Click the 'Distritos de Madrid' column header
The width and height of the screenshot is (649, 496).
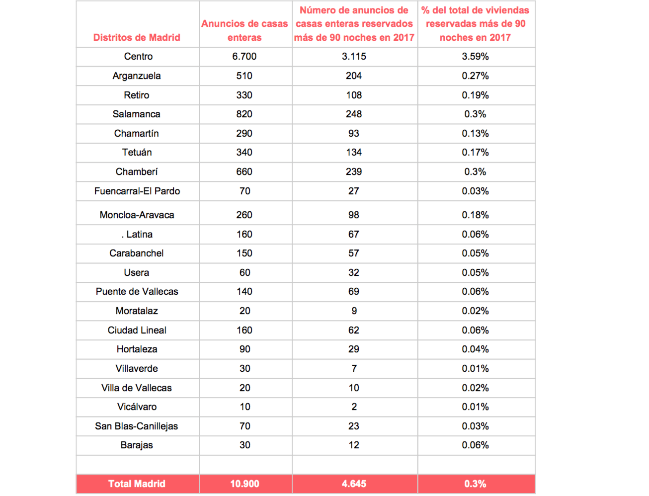coord(137,38)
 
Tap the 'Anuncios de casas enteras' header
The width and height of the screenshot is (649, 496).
coord(244,30)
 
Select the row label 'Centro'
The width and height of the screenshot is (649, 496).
coord(138,57)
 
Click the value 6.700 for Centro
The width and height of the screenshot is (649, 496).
coord(244,57)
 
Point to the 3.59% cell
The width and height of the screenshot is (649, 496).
coord(475,57)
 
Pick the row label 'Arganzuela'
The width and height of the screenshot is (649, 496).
coord(137,76)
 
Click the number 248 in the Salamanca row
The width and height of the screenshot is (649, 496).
coord(354,114)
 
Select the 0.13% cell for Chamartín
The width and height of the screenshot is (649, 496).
coord(475,134)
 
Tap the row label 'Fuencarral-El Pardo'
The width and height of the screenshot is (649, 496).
coord(137,191)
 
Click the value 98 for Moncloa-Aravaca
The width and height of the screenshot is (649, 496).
coord(354,215)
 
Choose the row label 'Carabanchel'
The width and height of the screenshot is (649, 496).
coord(136,253)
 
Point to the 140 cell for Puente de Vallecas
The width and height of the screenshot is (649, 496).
coord(244,292)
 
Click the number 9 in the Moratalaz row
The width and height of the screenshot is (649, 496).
coord(354,311)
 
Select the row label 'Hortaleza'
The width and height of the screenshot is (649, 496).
coord(137,349)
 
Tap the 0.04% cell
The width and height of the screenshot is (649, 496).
coord(475,349)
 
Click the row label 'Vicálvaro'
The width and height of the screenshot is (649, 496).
coord(137,407)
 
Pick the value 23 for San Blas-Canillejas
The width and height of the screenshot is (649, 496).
coord(354,426)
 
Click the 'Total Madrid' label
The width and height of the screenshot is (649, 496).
coord(137,484)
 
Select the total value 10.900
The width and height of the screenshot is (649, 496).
coord(244,484)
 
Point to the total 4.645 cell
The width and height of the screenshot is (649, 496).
coord(354,484)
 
